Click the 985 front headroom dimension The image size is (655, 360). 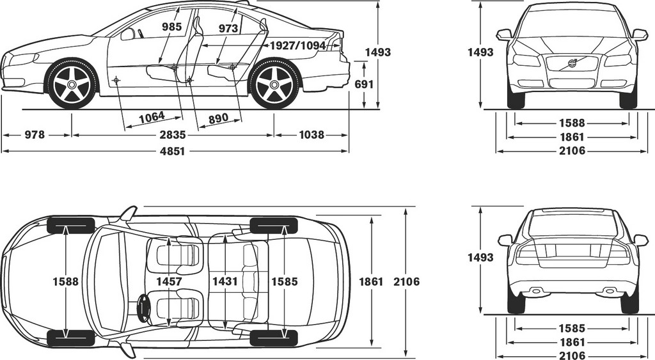(171, 27)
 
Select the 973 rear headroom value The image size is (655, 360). (228, 28)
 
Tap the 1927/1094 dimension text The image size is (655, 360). (297, 45)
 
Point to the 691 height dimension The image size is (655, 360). (364, 84)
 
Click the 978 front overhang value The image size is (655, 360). (35, 135)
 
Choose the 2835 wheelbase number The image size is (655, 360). (173, 135)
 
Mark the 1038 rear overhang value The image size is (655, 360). (312, 135)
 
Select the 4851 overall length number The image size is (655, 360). (173, 151)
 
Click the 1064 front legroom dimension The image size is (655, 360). (152, 117)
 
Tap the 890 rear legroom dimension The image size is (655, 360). (219, 118)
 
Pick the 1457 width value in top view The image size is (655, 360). (169, 281)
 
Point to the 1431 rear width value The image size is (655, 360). (225, 281)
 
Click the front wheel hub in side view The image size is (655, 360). (72, 85)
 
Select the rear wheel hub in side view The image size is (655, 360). (274, 85)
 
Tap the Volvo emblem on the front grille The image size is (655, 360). (571, 64)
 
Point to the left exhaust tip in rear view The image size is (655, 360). (535, 291)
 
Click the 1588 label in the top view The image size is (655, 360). (66, 281)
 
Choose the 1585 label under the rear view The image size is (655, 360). (572, 329)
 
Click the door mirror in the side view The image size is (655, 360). (127, 35)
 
